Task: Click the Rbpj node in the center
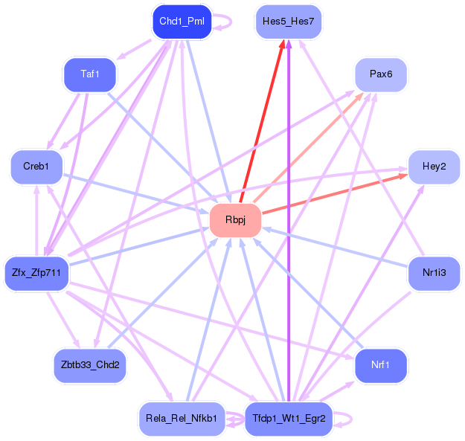click(x=235, y=221)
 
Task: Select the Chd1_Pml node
click(x=182, y=22)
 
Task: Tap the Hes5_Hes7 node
click(x=289, y=22)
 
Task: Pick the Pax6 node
click(x=380, y=74)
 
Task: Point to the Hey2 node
click(x=434, y=166)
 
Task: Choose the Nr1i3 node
click(x=434, y=273)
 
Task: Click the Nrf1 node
click(x=380, y=365)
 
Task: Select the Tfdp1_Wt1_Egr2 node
click(x=289, y=419)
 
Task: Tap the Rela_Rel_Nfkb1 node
click(x=182, y=419)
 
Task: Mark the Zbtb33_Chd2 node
click(x=90, y=365)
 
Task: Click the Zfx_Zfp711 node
click(x=36, y=273)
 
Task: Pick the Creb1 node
click(x=36, y=166)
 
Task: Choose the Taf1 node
click(x=90, y=74)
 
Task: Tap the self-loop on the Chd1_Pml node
click(x=226, y=22)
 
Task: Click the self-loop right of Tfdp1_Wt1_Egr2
click(x=344, y=419)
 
